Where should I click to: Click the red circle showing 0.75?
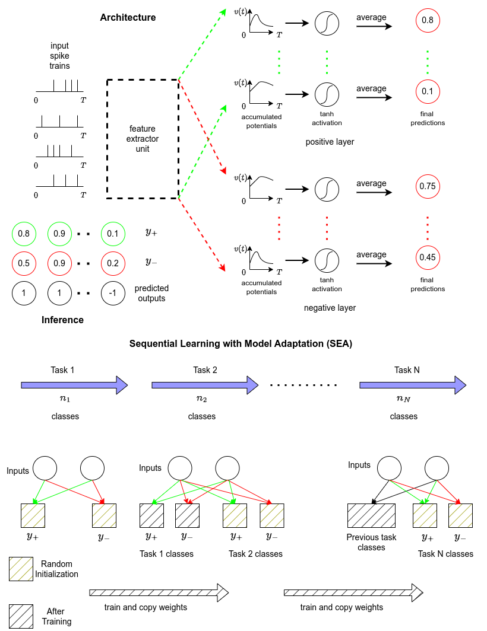428,186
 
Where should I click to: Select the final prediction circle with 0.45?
428,257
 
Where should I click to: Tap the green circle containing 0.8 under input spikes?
24,234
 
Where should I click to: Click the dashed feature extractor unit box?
143,138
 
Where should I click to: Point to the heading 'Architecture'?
128,18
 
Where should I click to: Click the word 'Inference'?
62,320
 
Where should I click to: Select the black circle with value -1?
113,293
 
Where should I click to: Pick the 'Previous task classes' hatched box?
371,516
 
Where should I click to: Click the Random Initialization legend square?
21,569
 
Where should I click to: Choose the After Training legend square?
21,616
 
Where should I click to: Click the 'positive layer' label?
330,142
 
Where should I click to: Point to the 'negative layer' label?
330,308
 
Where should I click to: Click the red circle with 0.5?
24,263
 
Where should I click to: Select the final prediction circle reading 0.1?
428,91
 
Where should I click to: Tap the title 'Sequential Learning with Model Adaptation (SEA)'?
241,344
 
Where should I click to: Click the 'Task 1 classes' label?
166,554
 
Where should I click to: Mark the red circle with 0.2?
113,263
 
